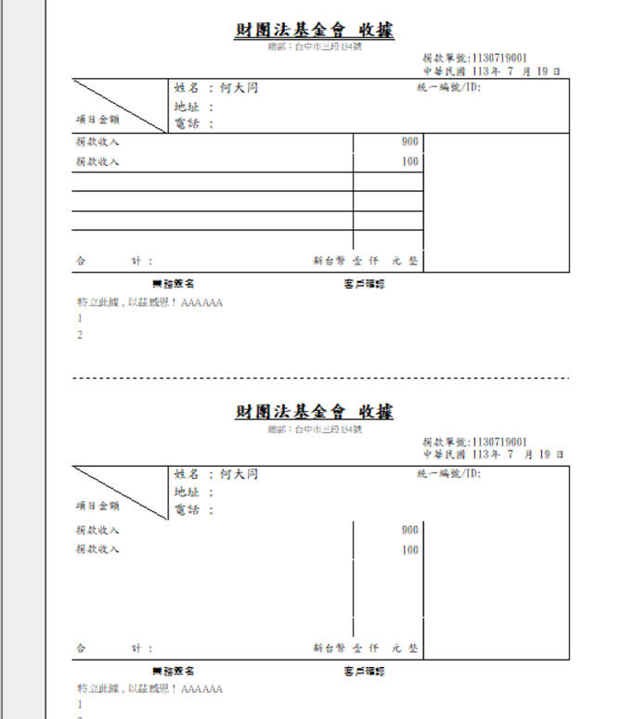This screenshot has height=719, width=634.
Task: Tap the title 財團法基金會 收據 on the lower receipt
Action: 314,411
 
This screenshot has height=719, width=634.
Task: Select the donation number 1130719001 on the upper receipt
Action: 499,58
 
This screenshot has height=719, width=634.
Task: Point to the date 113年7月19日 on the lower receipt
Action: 492,455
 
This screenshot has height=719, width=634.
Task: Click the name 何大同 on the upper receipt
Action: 239,89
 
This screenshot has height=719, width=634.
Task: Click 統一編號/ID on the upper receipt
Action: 449,89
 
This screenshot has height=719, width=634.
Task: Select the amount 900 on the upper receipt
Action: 410,142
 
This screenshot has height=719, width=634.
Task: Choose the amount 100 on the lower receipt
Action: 410,550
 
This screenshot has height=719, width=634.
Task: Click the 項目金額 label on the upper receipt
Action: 97,120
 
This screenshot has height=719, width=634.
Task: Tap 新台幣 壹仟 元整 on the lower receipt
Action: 366,648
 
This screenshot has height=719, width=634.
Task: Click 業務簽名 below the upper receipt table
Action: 173,284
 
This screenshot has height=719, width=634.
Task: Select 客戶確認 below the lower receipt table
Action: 364,671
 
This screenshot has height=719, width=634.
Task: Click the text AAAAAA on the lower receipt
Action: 202,689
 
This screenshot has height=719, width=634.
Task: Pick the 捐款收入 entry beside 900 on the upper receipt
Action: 97,143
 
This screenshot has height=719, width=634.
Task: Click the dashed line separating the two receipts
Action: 320,379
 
